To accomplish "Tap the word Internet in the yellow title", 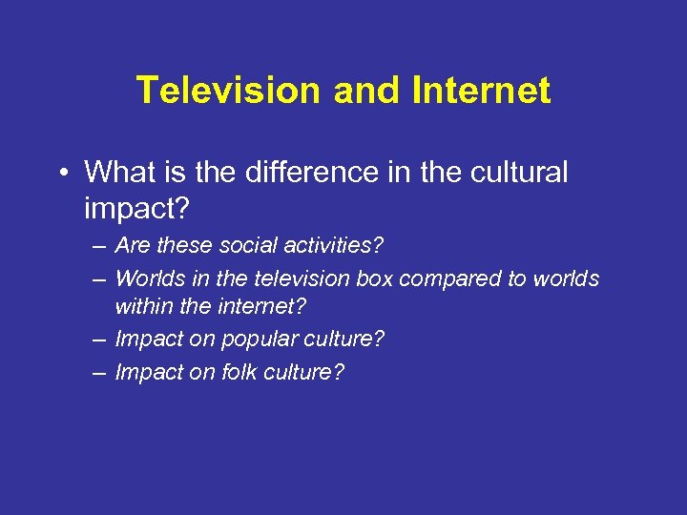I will tap(482, 92).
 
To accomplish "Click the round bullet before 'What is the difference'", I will tap(63, 173).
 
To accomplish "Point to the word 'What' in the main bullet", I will tap(114, 173).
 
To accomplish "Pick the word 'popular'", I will tap(253, 340).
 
